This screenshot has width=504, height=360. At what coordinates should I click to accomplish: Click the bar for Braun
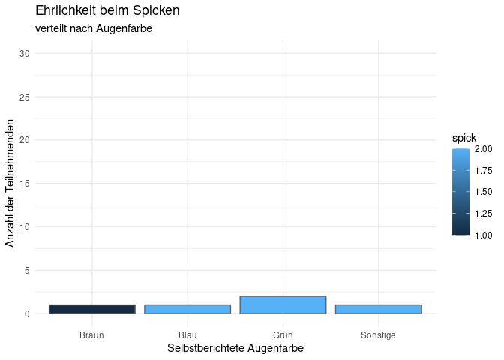pos(91,309)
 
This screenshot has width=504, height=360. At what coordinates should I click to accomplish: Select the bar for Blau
pos(187,309)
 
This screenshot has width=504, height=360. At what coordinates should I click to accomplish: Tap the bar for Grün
pos(283,304)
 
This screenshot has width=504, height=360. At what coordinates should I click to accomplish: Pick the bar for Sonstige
pos(378,309)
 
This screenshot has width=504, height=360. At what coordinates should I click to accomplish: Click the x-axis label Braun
pos(91,334)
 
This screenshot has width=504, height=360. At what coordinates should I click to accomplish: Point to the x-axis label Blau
pos(187,334)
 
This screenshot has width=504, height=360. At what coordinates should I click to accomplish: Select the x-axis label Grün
pos(283,334)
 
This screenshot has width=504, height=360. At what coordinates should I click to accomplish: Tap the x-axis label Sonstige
pos(378,334)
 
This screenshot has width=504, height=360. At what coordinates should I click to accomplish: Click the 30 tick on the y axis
pos(25,53)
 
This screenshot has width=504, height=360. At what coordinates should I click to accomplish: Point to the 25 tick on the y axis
pos(25,97)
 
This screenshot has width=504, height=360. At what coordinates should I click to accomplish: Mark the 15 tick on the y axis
pos(25,184)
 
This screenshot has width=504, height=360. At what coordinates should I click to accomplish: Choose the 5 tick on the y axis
pos(27,270)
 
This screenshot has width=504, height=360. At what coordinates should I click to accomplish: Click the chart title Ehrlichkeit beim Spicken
pos(107,11)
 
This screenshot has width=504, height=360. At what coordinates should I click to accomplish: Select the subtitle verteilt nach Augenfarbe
pos(94,28)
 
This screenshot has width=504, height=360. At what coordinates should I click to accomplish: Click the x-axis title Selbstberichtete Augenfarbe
pos(235,349)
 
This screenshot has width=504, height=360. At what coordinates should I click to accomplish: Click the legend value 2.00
pos(484,149)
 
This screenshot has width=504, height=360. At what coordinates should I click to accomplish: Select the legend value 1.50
pos(484,192)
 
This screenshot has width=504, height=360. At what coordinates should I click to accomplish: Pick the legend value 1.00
pos(484,235)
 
